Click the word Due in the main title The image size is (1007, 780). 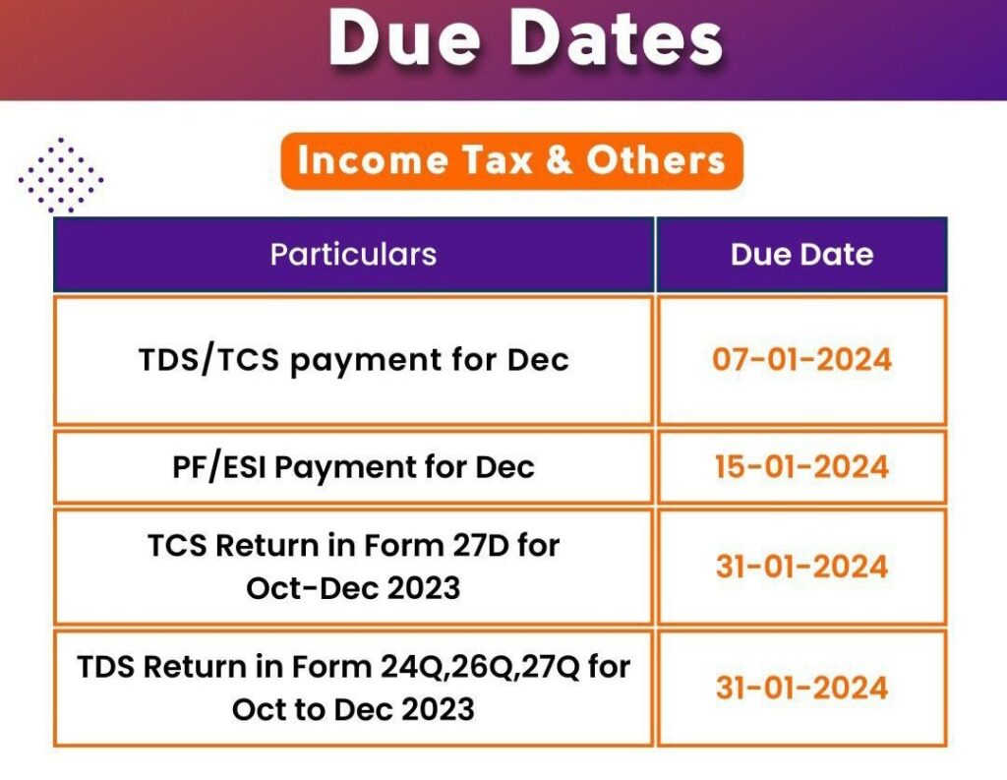pos(405,38)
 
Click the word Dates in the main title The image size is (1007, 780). pos(618,38)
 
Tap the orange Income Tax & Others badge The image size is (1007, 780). pos(511,160)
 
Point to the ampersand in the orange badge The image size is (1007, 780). pos(560,160)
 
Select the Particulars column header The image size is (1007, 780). pos(353,255)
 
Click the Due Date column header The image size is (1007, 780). pos(802,255)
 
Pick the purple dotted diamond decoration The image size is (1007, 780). pos(61,175)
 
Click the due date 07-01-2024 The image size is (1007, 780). pos(802,359)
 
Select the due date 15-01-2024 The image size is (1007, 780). pos(802,466)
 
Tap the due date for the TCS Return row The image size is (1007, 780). pos(802,567)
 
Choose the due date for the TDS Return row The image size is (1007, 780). pos(802,688)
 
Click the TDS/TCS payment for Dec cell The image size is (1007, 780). pos(354,360)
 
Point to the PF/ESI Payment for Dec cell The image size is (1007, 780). pos(353,467)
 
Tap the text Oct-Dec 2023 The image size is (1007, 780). pos(353,588)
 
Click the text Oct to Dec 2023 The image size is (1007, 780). pos(353,709)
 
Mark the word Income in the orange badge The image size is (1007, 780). pos(373,160)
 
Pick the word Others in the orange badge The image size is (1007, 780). pos(656,160)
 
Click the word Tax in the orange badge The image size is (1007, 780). pos(497,160)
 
